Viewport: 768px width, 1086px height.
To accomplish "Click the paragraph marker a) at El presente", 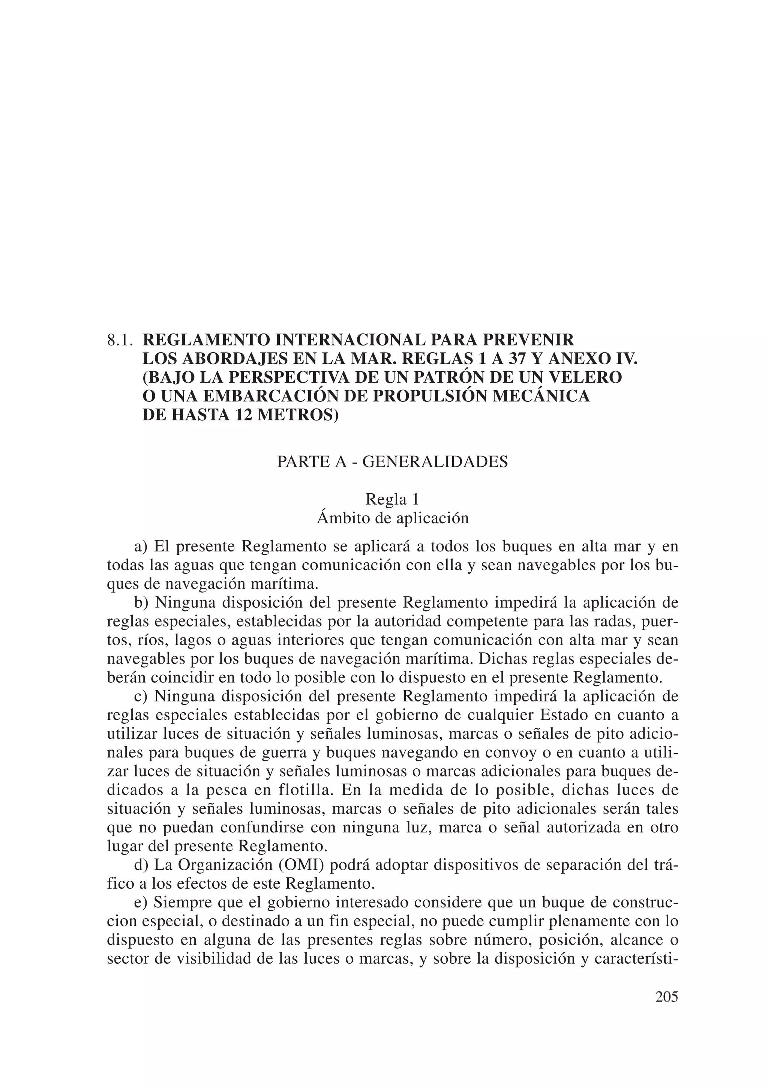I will point(141,547).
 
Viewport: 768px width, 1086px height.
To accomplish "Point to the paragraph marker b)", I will point(141,603).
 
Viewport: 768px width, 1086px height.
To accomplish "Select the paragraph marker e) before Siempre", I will point(141,903).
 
